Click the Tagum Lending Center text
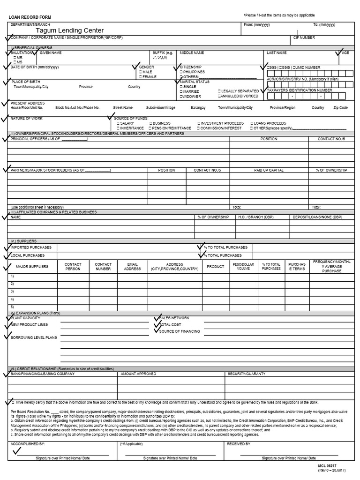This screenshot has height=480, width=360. point(70,30)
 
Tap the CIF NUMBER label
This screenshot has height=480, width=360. point(304,37)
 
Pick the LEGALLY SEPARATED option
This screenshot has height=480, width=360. point(238,91)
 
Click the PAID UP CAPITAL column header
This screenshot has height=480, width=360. point(269,170)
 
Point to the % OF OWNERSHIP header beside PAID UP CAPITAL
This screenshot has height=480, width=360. point(331,170)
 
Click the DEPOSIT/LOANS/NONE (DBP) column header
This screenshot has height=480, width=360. point(317,217)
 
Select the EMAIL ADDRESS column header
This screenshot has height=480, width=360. point(132,267)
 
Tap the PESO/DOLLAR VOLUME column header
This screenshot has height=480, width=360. point(243,267)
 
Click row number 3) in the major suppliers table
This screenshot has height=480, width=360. point(12,291)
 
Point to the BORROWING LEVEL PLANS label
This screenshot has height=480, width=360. point(33,337)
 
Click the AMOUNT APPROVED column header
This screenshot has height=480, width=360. point(138,374)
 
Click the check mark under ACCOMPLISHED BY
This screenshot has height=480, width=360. point(18,450)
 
